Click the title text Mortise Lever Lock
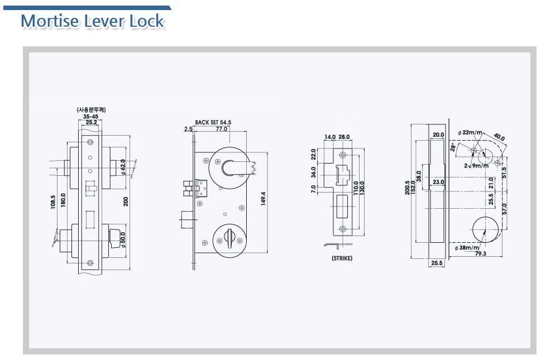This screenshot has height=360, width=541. [92, 21]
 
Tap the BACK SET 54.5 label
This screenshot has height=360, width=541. [213, 122]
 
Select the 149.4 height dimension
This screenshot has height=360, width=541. [264, 199]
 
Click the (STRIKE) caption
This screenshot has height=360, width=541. [342, 258]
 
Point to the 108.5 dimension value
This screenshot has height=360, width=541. [53, 203]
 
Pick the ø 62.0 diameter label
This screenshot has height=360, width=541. [123, 167]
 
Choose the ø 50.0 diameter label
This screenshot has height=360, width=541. [123, 239]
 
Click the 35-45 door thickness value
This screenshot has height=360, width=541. [90, 117]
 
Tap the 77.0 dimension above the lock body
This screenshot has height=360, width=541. [222, 129]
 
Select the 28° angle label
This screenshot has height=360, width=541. [453, 147]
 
